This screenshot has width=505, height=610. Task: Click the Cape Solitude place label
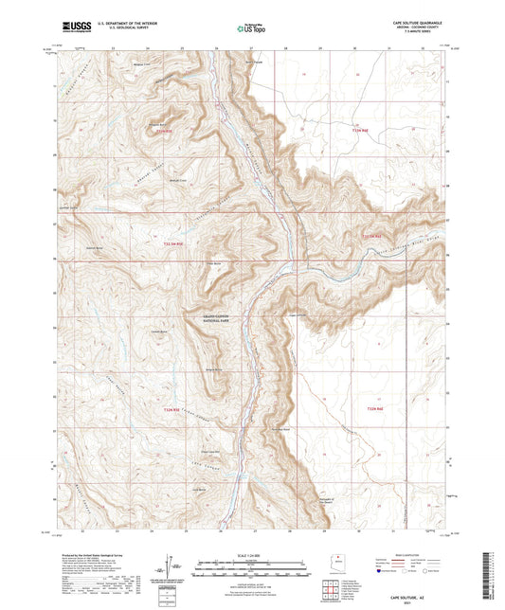pos(297,314)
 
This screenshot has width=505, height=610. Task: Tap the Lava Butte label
pos(199,489)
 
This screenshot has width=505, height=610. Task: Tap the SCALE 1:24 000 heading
pos(252,554)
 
